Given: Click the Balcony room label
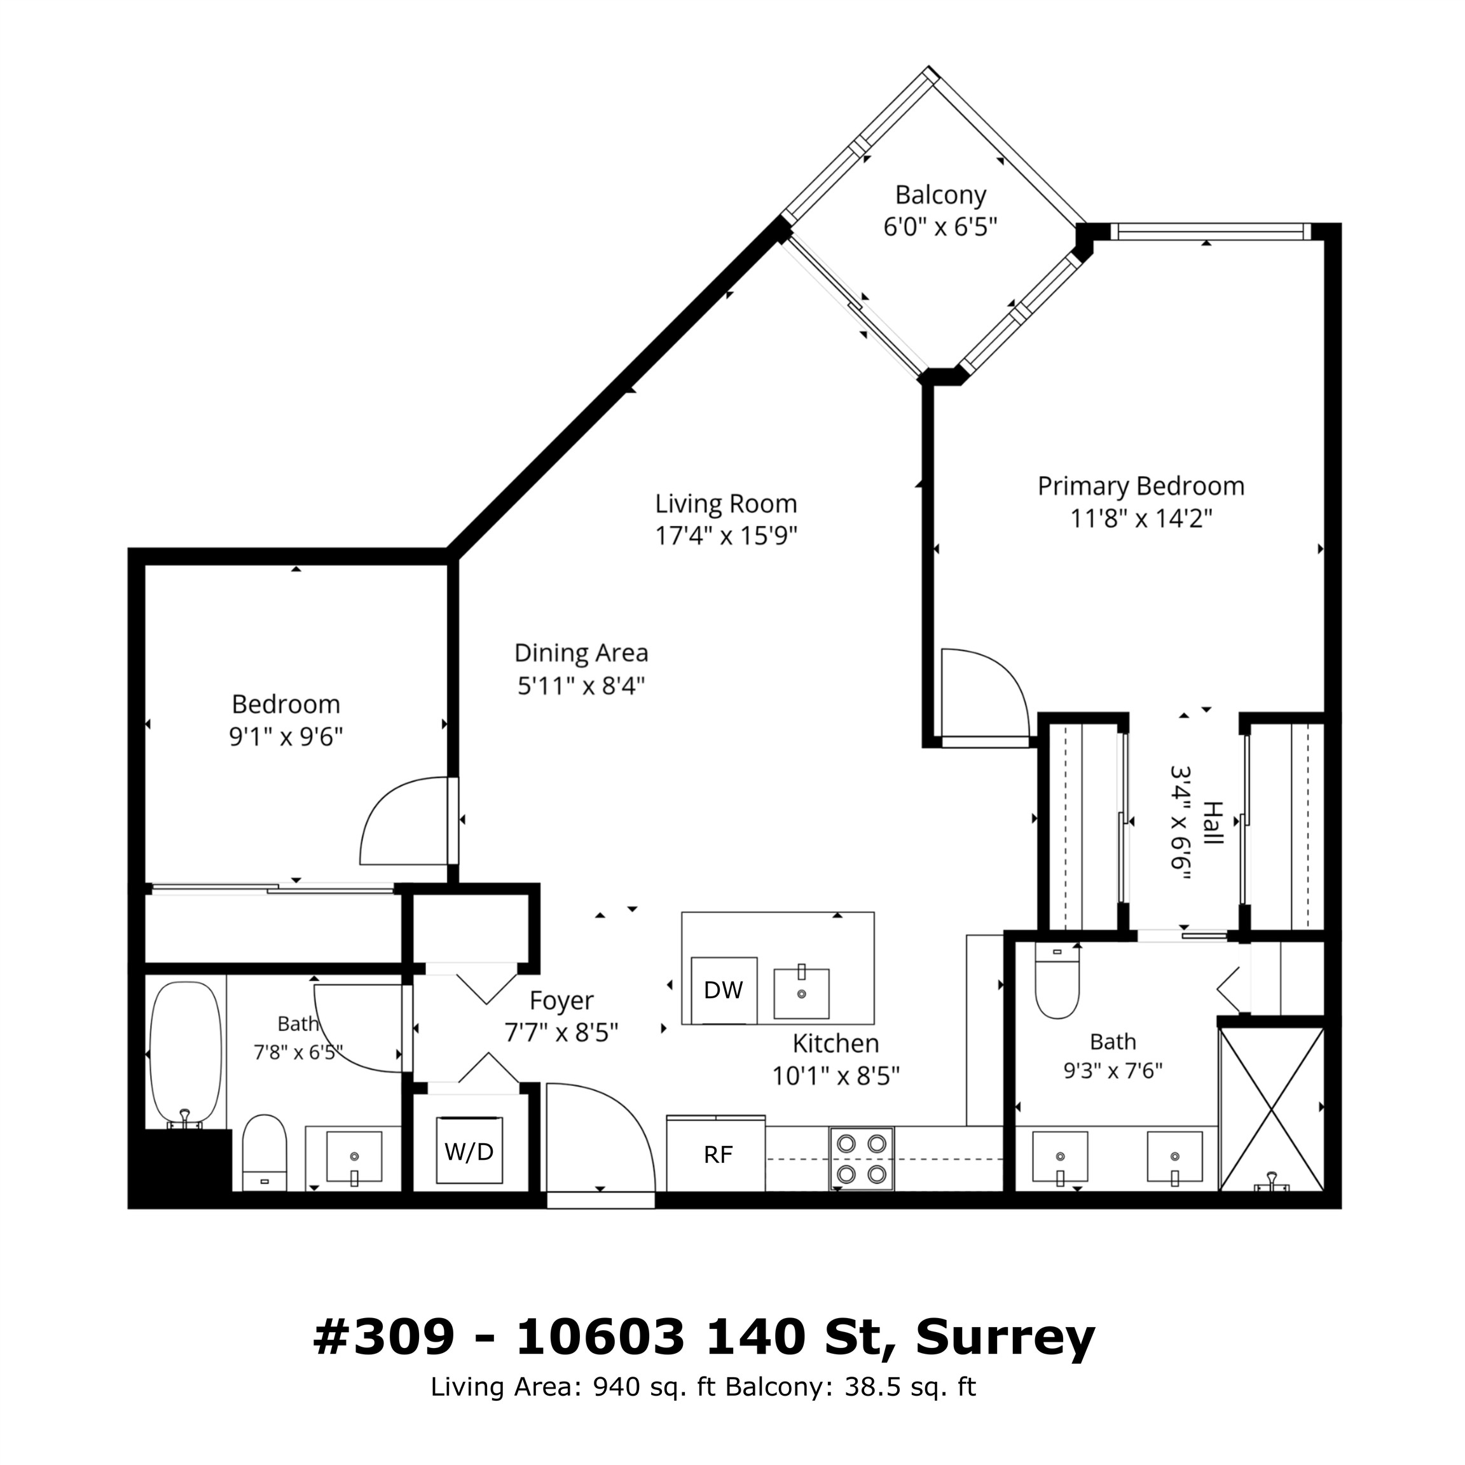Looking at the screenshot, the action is [940, 195].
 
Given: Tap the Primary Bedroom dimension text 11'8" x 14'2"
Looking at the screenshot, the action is [1141, 519].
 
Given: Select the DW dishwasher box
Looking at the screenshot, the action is [724, 990].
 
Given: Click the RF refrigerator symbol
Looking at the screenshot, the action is [717, 1154].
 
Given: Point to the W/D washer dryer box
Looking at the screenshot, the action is [469, 1151].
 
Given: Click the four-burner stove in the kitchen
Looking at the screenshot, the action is [862, 1159].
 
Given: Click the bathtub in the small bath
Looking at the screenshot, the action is [186, 1055].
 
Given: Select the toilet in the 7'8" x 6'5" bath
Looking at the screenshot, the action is [265, 1153].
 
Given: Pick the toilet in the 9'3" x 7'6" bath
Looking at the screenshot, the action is [1057, 980].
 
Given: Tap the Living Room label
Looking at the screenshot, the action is [726, 504].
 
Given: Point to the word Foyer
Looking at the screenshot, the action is [561, 1001].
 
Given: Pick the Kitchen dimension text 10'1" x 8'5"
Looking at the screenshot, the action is [836, 1076].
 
